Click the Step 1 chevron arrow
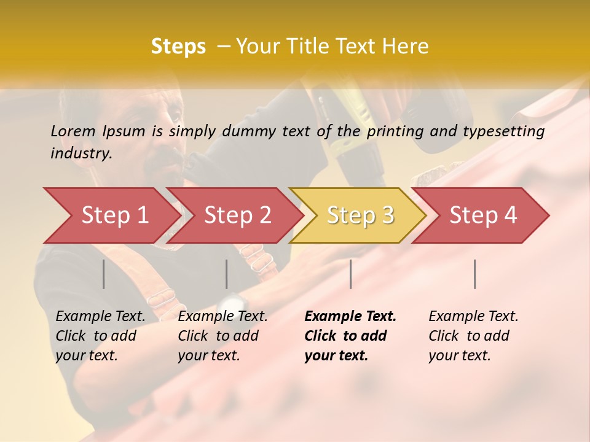(111, 215)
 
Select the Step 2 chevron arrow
(237, 215)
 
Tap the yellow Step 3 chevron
(360, 215)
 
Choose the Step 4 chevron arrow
(482, 215)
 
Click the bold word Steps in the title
(178, 47)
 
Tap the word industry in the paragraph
(81, 153)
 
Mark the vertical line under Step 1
(104, 274)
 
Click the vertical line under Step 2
(227, 274)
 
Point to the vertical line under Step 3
(350, 274)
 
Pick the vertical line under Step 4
(474, 274)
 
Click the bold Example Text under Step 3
(350, 317)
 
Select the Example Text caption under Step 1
(101, 317)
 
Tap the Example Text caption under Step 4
(473, 317)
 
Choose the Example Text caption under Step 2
(222, 317)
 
